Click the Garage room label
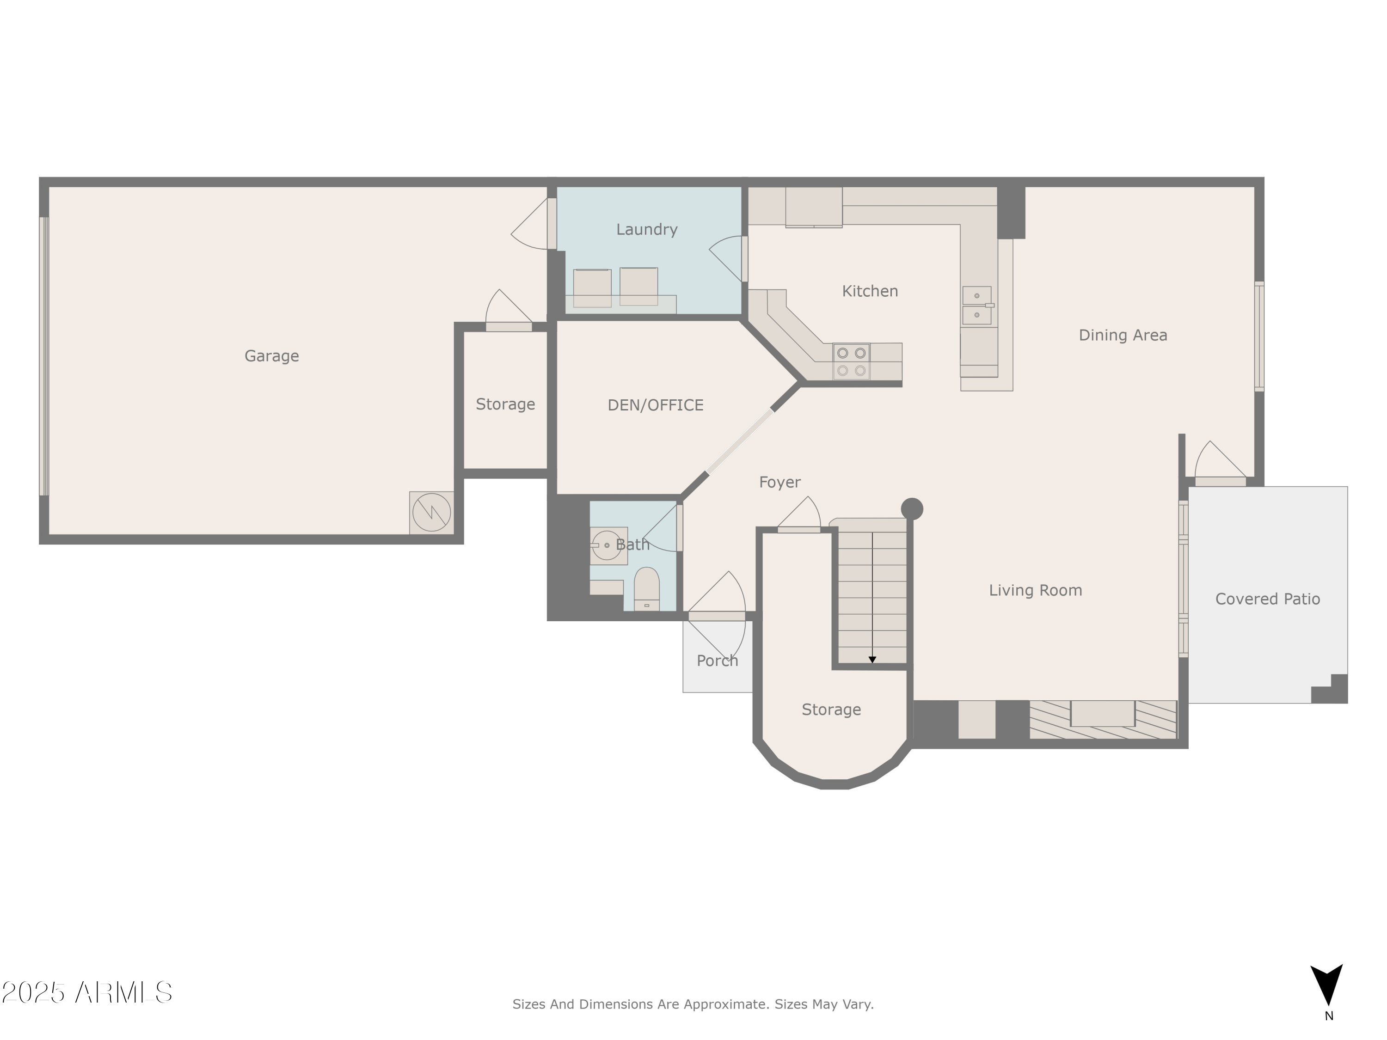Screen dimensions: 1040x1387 coord(271,356)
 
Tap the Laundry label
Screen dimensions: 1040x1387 coord(646,229)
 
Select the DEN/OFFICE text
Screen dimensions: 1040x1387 coord(655,405)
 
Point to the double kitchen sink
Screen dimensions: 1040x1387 coord(977,305)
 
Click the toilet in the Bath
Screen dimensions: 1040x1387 coord(646,589)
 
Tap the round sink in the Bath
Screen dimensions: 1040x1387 coord(606,545)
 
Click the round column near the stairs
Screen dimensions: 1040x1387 coord(912,508)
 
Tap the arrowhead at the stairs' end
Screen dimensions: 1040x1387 coord(872,660)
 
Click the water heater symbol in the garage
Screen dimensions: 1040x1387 coord(431,512)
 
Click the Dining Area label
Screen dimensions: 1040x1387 coord(1123,336)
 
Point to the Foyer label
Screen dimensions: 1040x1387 coord(779,482)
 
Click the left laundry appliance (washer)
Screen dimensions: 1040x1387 coord(592,288)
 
